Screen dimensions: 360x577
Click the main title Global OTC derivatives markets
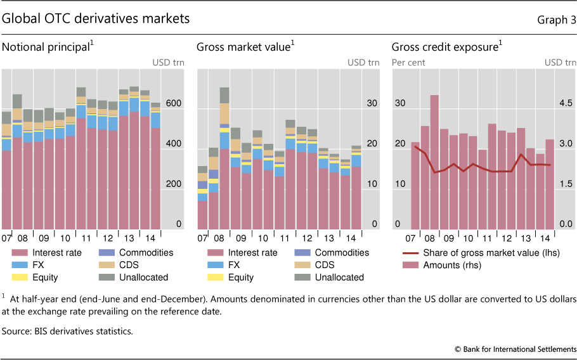click(x=96, y=19)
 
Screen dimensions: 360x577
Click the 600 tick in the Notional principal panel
click(x=174, y=103)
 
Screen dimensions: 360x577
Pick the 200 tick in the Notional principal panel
click(x=174, y=184)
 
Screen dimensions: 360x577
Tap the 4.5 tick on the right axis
click(x=566, y=103)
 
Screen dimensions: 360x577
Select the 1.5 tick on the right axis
click(x=566, y=184)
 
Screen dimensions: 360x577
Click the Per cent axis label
click(x=408, y=63)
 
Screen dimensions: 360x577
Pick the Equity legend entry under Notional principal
click(x=41, y=277)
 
